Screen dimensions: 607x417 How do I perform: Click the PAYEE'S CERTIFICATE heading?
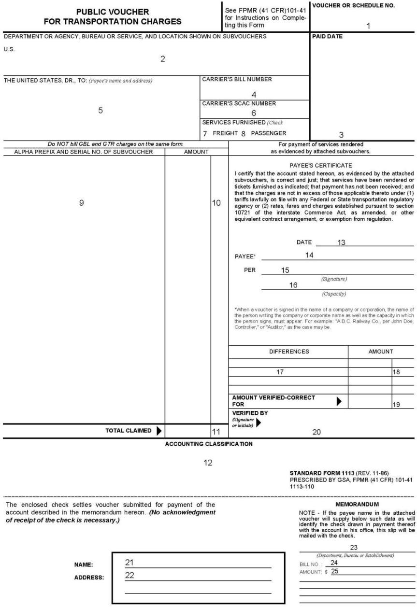[320, 165]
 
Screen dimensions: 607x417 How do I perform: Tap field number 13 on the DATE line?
[341, 242]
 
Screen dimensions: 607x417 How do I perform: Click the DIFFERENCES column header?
[288, 352]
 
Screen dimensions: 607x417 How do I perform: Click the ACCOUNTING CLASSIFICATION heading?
[208, 443]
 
